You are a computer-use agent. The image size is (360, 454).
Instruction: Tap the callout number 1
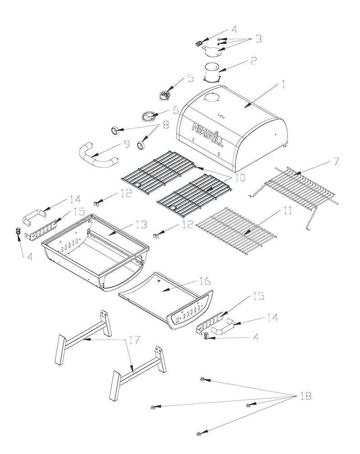(283, 84)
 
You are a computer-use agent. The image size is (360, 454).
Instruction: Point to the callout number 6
(175, 110)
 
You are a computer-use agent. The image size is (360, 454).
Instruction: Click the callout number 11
(288, 211)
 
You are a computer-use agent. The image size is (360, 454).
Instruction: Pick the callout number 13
(141, 224)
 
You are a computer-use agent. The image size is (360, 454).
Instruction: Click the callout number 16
(204, 281)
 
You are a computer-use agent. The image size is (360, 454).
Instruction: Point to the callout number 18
(306, 396)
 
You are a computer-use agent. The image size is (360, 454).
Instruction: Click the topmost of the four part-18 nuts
(204, 380)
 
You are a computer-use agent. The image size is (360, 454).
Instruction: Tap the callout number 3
(258, 39)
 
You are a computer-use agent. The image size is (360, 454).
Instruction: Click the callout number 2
(254, 60)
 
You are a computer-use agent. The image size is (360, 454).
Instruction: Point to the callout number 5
(190, 78)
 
